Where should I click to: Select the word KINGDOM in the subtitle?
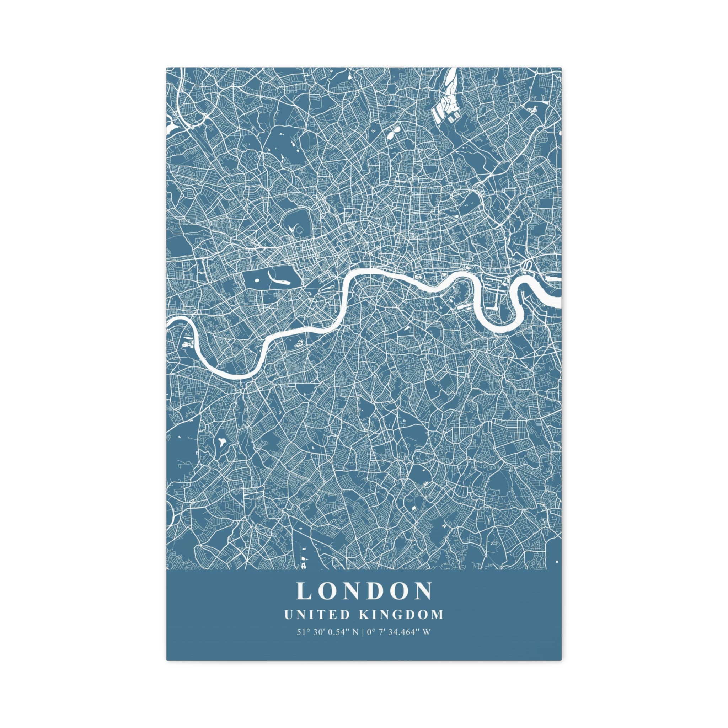tap(402, 615)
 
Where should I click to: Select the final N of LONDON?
tap(424, 591)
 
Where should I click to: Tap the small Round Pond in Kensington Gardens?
tap(257, 280)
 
